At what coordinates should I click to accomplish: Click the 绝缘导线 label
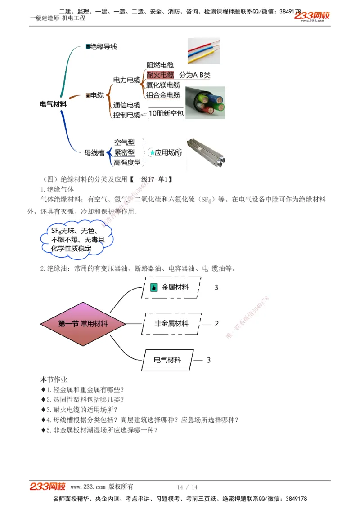pyautogui.click(x=103, y=47)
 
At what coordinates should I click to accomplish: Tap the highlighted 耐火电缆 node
pyautogui.click(x=160, y=75)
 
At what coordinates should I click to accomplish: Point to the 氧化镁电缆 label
pyautogui.click(x=163, y=85)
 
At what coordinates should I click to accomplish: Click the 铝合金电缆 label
pyautogui.click(x=163, y=95)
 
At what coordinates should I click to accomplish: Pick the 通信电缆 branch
pyautogui.click(x=126, y=105)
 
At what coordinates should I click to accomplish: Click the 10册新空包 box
pyautogui.click(x=166, y=114)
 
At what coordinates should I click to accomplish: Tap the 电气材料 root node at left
pyautogui.click(x=53, y=104)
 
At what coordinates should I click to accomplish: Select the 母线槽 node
pyautogui.click(x=94, y=153)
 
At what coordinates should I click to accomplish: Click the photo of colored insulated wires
pyautogui.click(x=203, y=51)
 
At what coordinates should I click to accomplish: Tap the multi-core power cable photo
pyautogui.click(x=205, y=103)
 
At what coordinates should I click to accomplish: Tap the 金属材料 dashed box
pyautogui.click(x=171, y=287)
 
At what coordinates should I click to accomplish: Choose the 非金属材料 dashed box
pyautogui.click(x=171, y=324)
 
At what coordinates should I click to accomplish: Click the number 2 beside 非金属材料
pyautogui.click(x=216, y=324)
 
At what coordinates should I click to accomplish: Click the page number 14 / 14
pyautogui.click(x=187, y=487)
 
